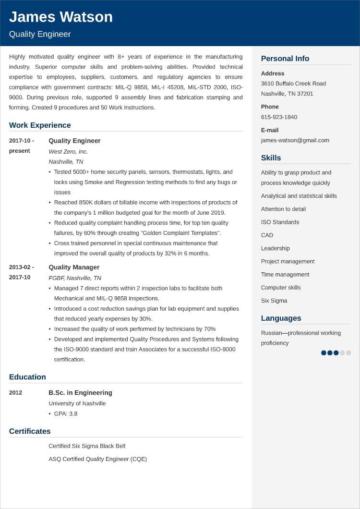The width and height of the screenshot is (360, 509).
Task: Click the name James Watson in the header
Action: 61,17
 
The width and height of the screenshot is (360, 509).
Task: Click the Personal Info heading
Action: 285,59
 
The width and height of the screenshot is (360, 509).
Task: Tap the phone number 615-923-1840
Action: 279,117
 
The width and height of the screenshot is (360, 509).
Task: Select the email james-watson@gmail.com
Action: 295,140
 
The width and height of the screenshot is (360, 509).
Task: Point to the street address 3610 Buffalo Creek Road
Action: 293,84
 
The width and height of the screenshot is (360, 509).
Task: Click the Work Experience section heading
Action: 40,125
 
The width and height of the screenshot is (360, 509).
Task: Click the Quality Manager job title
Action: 74,267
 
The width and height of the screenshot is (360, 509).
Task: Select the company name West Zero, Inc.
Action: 68,151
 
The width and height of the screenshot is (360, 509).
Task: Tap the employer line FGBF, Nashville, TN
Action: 75,278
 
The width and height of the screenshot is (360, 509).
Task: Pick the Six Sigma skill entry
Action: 274,301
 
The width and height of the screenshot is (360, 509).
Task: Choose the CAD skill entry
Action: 267,235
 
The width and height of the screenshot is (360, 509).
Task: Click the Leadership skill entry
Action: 275,248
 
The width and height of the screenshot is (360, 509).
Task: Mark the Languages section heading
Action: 281,318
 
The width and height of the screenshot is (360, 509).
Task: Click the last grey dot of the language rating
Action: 348,353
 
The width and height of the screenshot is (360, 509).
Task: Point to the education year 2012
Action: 15,393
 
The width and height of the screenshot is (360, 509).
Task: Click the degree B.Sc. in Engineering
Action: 80,393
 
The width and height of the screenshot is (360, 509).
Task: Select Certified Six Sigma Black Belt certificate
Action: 87,446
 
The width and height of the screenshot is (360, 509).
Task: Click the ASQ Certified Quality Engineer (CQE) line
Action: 97,459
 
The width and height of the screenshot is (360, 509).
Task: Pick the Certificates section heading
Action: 30,431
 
